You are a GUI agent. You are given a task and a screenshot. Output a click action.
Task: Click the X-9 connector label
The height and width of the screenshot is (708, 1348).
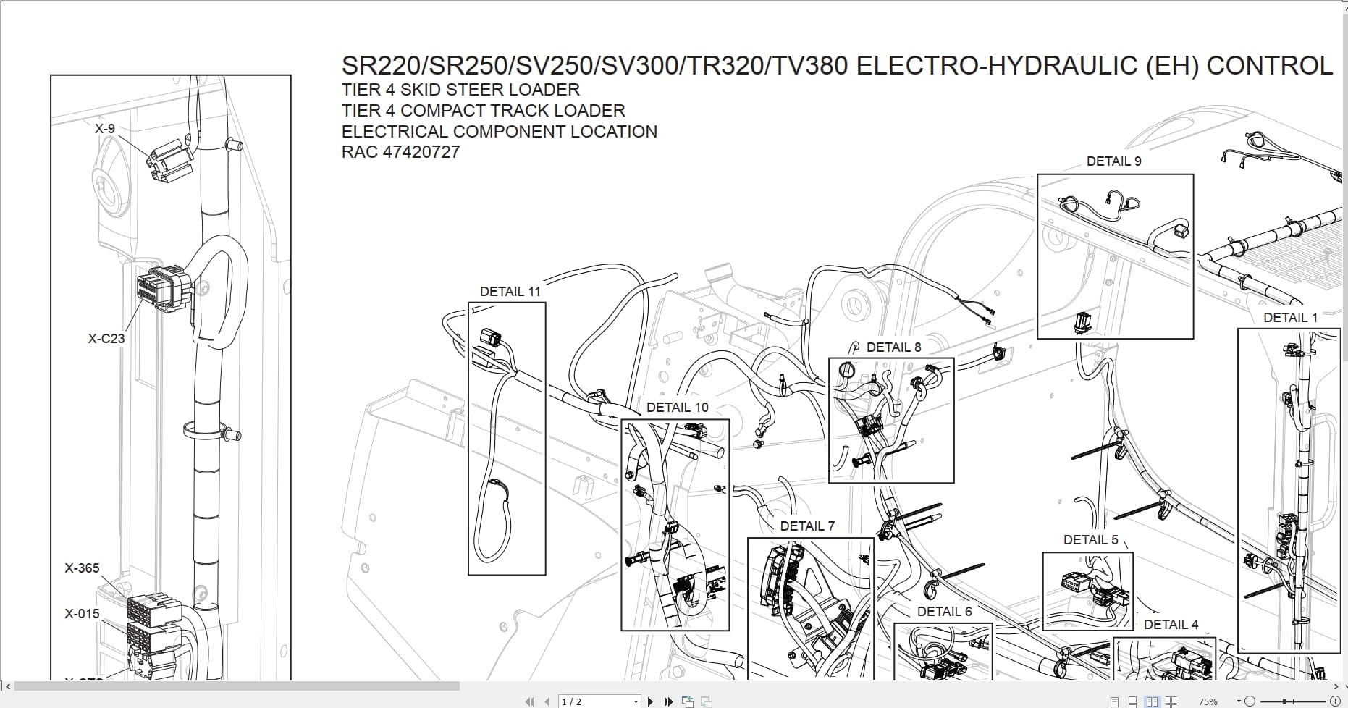(105, 129)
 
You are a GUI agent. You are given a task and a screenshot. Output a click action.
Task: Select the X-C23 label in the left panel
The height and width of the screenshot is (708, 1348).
(106, 338)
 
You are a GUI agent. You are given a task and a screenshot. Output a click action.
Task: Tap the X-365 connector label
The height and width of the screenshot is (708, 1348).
(82, 568)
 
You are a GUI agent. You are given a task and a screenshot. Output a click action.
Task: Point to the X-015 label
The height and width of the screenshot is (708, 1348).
(82, 614)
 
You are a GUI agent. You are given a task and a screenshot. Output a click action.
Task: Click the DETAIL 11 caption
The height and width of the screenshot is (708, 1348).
(510, 292)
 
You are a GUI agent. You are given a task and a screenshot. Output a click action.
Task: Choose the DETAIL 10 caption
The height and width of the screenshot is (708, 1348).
(677, 408)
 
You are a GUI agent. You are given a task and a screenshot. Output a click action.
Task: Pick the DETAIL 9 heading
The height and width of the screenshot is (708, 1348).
(1113, 161)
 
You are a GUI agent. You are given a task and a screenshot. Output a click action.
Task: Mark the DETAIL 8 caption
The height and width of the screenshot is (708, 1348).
(893, 347)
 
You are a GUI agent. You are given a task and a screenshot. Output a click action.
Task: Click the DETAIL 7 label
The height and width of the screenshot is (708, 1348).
(807, 526)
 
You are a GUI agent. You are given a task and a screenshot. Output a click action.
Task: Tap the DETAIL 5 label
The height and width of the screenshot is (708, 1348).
(1090, 540)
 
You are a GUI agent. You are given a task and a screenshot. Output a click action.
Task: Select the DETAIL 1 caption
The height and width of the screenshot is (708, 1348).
(1290, 318)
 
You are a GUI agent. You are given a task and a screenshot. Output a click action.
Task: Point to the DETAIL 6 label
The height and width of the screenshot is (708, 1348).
(944, 612)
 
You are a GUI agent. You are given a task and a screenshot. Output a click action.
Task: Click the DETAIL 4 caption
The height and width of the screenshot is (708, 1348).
(1171, 625)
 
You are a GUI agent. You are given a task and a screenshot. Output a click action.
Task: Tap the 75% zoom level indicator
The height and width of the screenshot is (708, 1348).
(1208, 701)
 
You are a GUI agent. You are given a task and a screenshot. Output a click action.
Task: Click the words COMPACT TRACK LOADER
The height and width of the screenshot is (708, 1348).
(513, 111)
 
